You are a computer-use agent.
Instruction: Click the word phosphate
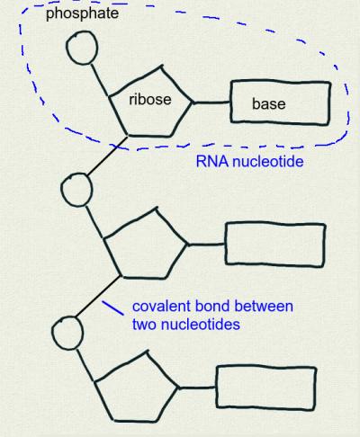(82, 13)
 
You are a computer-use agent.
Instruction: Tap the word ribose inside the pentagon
(150, 99)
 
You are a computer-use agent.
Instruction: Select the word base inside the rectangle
(269, 103)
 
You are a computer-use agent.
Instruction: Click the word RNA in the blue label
(212, 161)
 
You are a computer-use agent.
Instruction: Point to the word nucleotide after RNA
(268, 161)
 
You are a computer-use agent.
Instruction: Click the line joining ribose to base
(211, 103)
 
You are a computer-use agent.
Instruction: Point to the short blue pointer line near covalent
(112, 308)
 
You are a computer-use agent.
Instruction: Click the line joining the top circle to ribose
(99, 80)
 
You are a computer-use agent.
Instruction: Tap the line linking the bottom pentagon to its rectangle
(198, 388)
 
